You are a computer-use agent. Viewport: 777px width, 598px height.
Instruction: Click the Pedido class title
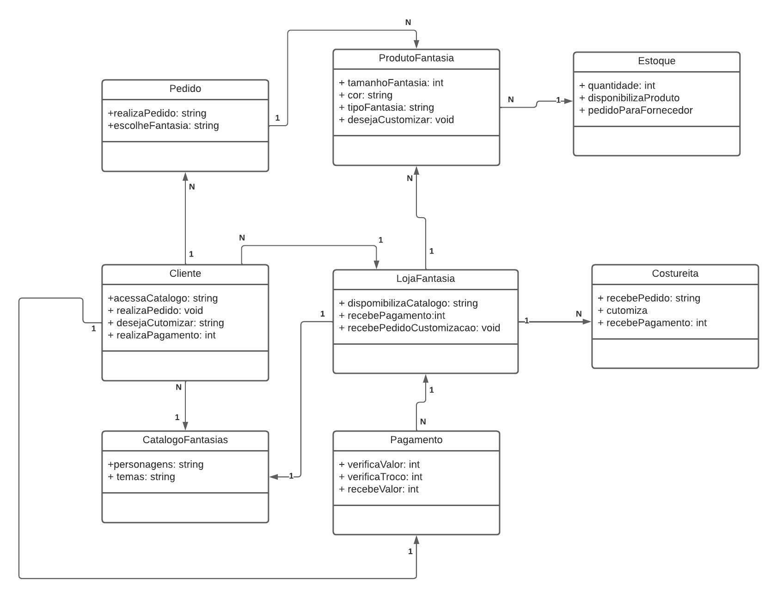pos(185,89)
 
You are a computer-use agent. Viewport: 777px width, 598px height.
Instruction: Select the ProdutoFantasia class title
pos(416,58)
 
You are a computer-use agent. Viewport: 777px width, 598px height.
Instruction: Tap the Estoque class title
pos(656,61)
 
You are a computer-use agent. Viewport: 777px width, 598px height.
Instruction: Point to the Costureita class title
pos(675,274)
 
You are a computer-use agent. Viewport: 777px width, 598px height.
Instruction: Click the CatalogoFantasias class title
pos(185,440)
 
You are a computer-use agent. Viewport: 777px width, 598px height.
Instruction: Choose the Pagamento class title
pos(416,440)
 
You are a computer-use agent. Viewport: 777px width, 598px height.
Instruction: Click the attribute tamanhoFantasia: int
pos(391,83)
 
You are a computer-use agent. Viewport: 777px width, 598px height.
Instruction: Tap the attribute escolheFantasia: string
pos(163,126)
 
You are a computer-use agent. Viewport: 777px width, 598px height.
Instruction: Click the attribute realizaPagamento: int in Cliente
pos(162,336)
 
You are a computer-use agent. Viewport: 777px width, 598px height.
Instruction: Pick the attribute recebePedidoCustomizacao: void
pos(420,328)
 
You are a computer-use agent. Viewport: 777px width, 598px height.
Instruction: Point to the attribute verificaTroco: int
pos(380,477)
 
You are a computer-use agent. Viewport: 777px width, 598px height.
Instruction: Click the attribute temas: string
pos(141,477)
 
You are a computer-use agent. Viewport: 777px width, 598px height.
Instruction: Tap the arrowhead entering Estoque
pos(569,101)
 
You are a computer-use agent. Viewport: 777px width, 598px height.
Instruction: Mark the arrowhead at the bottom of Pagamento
pos(416,540)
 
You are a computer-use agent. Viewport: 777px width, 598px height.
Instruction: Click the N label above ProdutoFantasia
pos(408,22)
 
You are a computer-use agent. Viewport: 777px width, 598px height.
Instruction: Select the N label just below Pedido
pos(192,187)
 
